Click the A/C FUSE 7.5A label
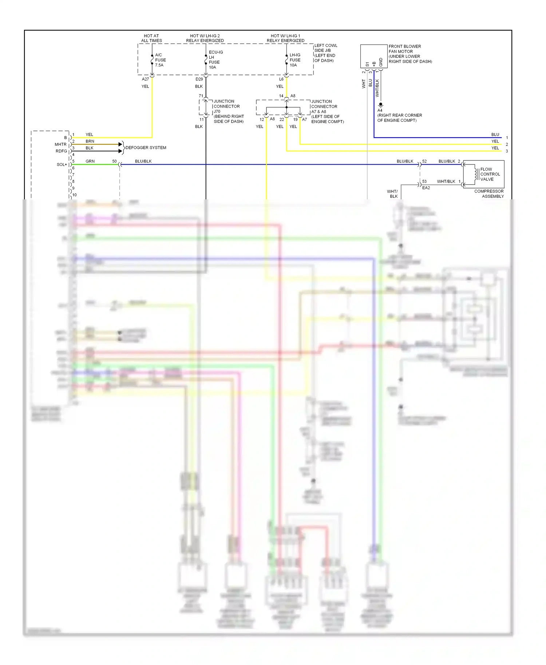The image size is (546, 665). point(160,60)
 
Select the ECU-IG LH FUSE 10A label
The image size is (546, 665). point(215,60)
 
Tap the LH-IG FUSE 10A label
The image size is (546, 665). point(295,60)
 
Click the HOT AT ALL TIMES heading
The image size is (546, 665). point(151,38)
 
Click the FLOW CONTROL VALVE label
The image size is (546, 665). point(490,174)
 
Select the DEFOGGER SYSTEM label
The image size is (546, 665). point(146,148)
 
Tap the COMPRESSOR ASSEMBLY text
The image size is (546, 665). point(489,194)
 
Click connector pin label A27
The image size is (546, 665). point(145,79)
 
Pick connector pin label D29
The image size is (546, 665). point(199,79)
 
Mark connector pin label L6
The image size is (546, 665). point(281,79)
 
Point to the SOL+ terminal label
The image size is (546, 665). point(62,164)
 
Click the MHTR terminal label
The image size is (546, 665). point(60,144)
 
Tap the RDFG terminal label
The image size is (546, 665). point(61,151)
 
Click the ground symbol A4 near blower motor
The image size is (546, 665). point(380,105)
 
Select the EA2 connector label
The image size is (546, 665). point(426,188)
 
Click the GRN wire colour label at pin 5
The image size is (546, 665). point(90,161)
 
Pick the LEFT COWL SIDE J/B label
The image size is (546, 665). point(325,53)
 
